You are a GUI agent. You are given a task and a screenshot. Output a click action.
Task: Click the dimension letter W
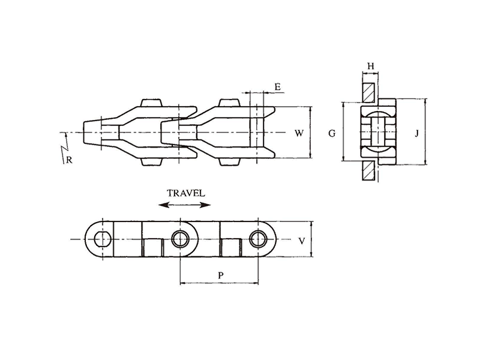coord(299,133)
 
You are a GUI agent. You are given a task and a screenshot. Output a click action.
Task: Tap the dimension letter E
coord(277,86)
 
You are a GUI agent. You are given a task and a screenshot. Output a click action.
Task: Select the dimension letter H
coord(371,66)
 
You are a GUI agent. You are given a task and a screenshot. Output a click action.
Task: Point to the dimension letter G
coord(332,133)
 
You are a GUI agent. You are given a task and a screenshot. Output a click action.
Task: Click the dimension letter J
coord(416,133)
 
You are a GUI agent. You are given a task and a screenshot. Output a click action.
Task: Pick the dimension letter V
coord(302,241)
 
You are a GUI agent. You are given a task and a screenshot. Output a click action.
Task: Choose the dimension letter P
coord(221,275)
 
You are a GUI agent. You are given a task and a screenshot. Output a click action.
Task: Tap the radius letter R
coord(69,160)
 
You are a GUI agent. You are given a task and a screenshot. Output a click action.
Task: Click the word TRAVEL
coord(186,193)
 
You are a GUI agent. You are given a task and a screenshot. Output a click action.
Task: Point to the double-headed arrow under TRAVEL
coord(185,205)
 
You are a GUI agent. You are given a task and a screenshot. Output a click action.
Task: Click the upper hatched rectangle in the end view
coord(368,93)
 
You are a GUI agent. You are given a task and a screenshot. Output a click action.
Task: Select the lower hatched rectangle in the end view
coord(368,170)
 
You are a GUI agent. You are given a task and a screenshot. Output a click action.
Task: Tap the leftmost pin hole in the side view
coord(103,239)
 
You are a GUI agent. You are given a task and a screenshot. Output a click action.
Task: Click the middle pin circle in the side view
coord(181,239)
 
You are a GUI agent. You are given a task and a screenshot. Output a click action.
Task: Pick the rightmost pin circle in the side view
coord(258,239)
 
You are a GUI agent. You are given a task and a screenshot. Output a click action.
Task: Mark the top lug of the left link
coord(151,103)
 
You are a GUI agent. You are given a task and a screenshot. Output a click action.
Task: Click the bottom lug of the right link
coord(229,161)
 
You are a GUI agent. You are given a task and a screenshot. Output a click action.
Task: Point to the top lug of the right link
coord(229,103)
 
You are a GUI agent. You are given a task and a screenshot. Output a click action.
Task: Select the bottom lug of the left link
coord(151,161)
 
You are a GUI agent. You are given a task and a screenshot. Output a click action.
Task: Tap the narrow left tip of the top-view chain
coord(83,133)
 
